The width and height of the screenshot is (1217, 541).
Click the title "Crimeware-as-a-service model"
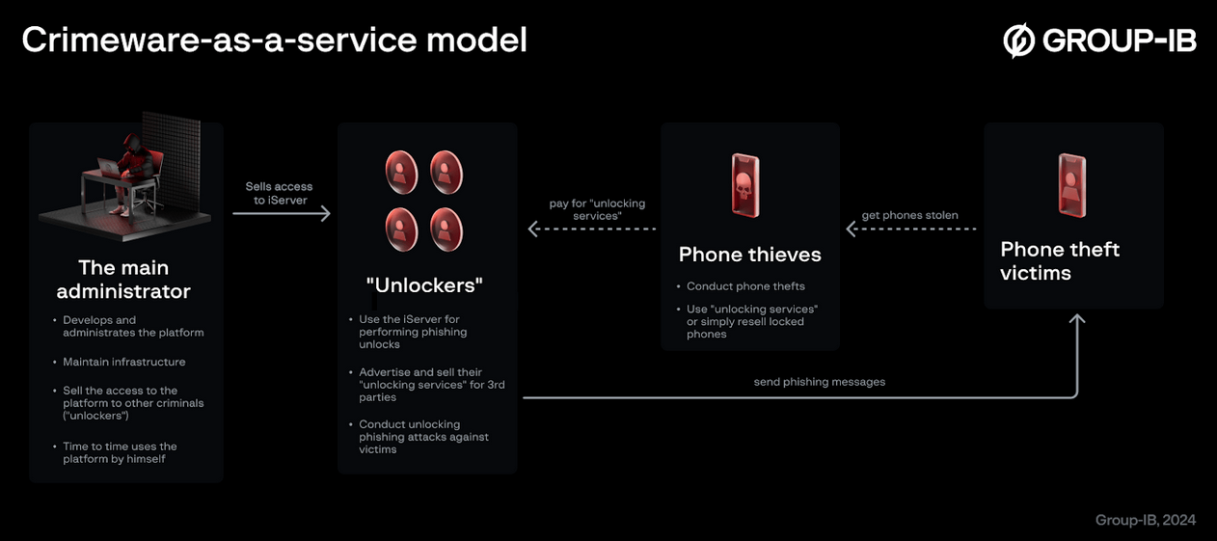(274, 41)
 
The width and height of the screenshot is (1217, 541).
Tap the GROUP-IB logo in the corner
(1099, 41)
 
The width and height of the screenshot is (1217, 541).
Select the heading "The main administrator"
(123, 279)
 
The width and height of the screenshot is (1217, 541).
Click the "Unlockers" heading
(424, 285)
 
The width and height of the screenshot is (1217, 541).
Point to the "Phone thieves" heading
(749, 255)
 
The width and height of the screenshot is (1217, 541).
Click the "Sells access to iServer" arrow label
(279, 193)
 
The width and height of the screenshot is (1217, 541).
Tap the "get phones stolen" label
(909, 215)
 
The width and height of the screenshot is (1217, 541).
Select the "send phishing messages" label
(819, 382)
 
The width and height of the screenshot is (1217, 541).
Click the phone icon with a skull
(744, 185)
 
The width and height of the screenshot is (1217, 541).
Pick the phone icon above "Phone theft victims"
(1071, 185)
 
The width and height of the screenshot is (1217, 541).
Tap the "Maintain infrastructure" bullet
(123, 362)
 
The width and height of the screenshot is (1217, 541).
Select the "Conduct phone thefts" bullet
(744, 286)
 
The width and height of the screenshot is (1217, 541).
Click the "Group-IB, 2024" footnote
(1145, 520)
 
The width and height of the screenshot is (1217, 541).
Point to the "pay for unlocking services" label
(597, 209)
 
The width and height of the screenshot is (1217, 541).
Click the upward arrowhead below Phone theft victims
(1077, 320)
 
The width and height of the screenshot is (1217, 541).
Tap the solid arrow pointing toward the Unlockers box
(282, 213)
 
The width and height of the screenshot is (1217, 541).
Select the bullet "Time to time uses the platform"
(120, 452)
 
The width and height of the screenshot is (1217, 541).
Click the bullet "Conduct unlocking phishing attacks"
(423, 437)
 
